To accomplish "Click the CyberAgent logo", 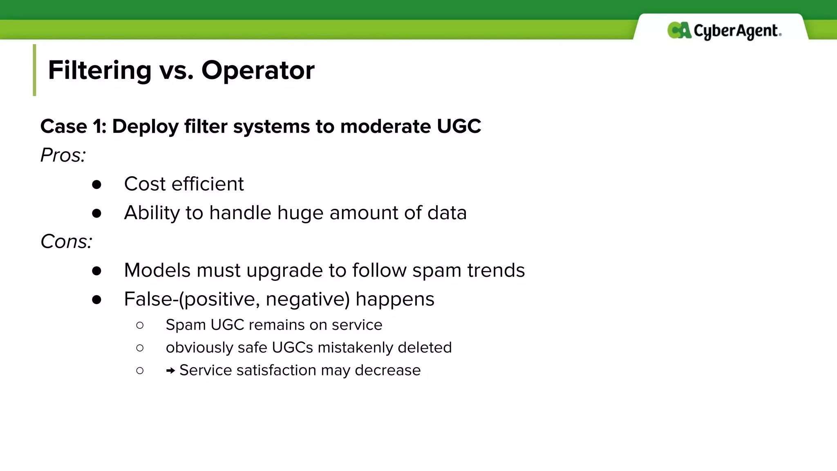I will pos(724,31).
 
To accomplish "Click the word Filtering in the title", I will pos(100,70).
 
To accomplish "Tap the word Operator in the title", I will pos(258,70).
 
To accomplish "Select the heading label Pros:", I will pos(63,155).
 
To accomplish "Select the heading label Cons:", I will pos(66,242).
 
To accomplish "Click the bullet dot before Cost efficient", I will pos(96,185).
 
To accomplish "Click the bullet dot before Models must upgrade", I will pos(96,271).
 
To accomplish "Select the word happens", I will pos(394,300).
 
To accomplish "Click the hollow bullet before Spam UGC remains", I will pos(140,325).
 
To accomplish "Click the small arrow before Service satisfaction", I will pos(170,371).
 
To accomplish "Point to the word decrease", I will pos(387,370).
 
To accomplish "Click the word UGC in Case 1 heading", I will pos(459,126).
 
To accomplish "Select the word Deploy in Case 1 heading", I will pos(145,127).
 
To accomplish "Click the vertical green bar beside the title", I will pos(35,70).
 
